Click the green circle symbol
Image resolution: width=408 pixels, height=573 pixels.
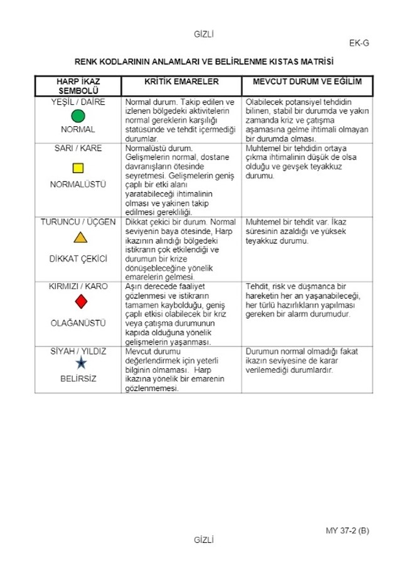[78, 116]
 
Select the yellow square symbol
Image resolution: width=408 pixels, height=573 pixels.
[78, 168]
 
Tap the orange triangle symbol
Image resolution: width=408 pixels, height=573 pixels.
[80, 238]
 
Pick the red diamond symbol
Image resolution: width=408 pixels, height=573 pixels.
[80, 302]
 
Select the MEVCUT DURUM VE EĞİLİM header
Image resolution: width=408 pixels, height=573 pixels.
[307, 82]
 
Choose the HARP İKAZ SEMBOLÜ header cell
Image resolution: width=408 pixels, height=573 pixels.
[78, 86]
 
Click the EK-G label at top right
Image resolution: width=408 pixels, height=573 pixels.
[359, 43]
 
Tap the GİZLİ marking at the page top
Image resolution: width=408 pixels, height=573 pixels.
[205, 35]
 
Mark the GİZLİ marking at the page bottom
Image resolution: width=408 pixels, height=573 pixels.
[205, 539]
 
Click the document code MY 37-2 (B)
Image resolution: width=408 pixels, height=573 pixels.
[347, 530]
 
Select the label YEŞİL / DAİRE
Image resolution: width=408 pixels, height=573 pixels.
[78, 102]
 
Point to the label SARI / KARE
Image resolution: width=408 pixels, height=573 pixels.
[78, 149]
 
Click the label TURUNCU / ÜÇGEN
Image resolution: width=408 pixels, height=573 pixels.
[78, 222]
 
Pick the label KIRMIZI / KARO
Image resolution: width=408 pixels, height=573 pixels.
[78, 286]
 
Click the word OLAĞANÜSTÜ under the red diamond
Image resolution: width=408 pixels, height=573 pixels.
[78, 323]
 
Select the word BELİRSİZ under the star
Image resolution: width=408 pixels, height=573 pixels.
[78, 379]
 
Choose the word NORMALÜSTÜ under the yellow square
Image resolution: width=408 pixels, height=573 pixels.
[78, 185]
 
